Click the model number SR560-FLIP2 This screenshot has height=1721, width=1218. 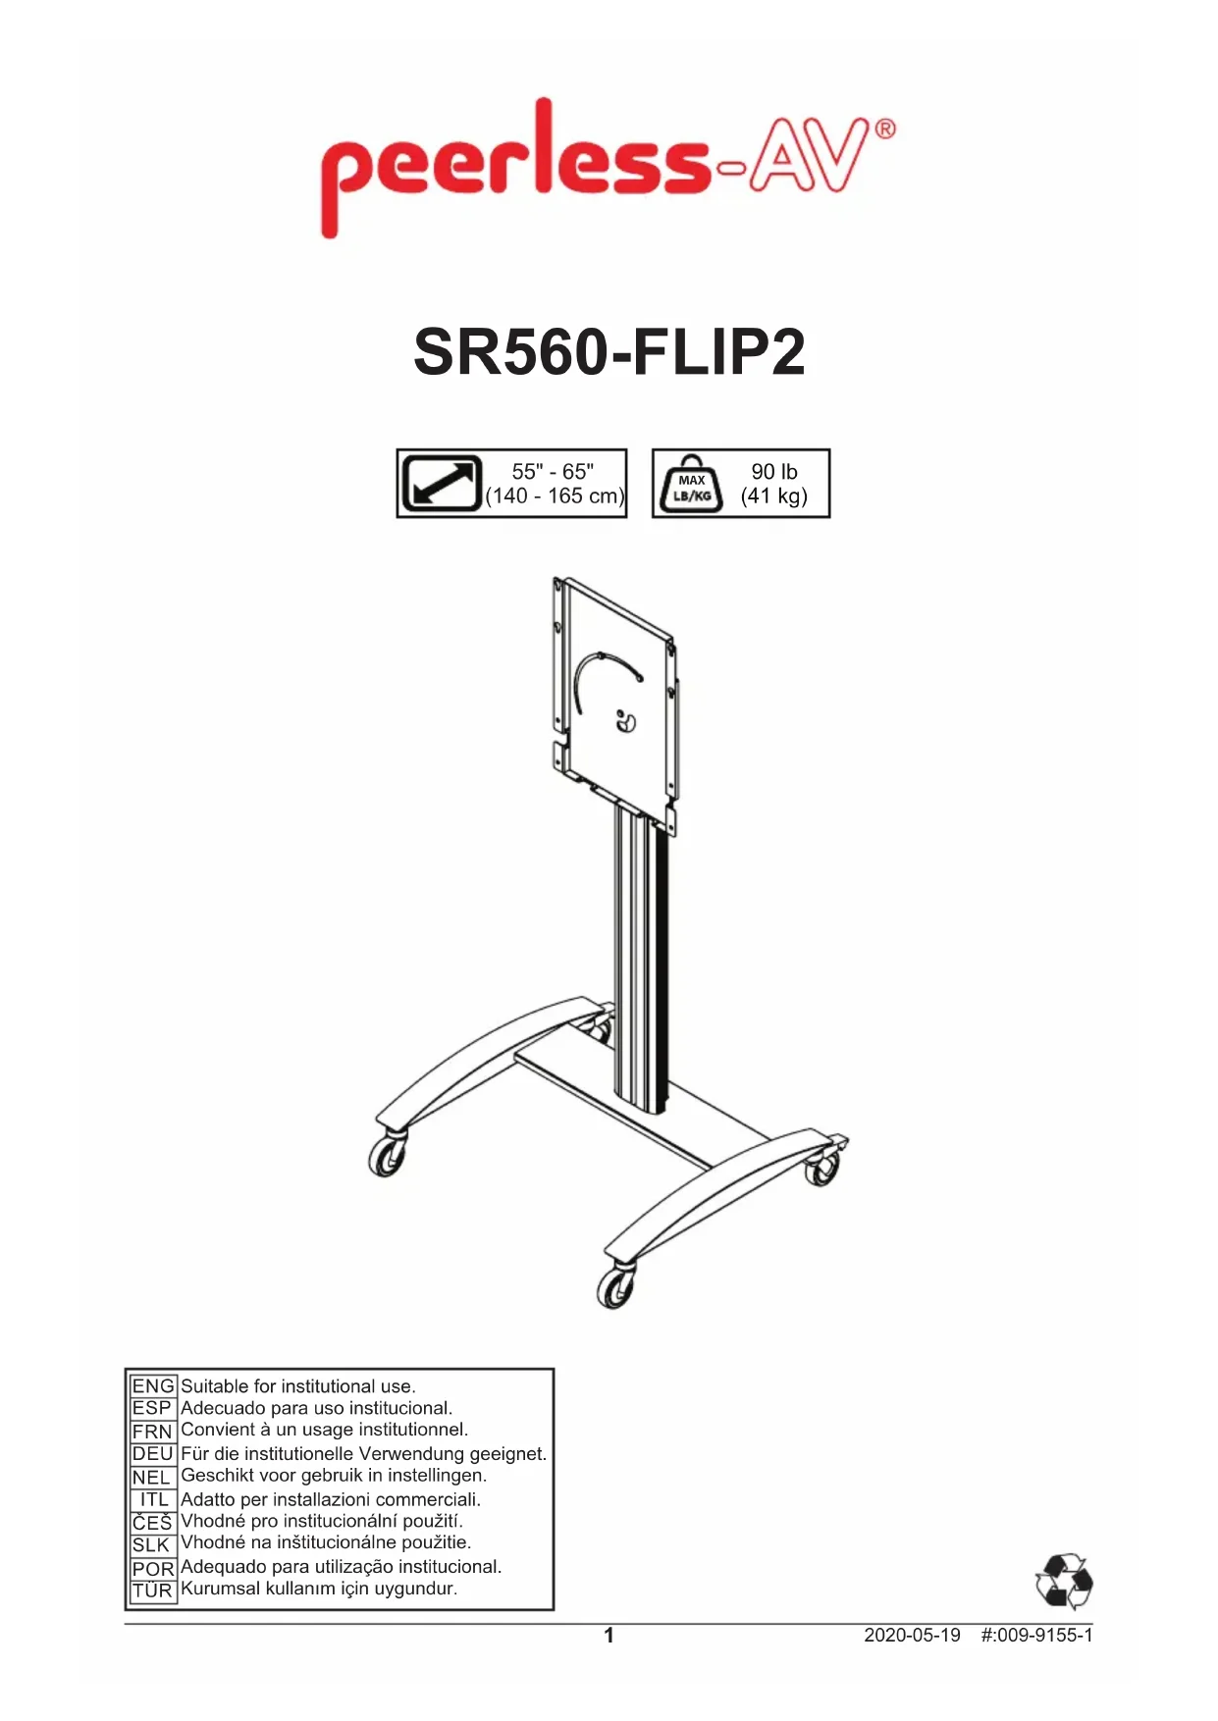[609, 352]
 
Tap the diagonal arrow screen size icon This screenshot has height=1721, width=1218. [441, 484]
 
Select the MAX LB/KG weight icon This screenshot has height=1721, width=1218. [692, 484]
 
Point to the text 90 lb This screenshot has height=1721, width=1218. [774, 472]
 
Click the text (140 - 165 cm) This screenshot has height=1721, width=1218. [556, 496]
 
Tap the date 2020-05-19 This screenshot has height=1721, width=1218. [912, 1636]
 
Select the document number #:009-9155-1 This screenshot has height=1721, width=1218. [1036, 1636]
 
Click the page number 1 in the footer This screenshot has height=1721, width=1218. [609, 1636]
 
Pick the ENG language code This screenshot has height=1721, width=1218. [153, 1386]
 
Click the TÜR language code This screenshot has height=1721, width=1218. [152, 1591]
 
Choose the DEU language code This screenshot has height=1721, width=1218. [153, 1454]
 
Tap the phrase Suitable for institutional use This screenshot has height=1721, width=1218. [298, 1386]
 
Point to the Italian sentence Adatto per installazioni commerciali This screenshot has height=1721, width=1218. [331, 1499]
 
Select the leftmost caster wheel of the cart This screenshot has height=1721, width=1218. [387, 1157]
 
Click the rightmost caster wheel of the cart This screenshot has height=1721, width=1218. [822, 1169]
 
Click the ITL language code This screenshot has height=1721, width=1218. [154, 1499]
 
